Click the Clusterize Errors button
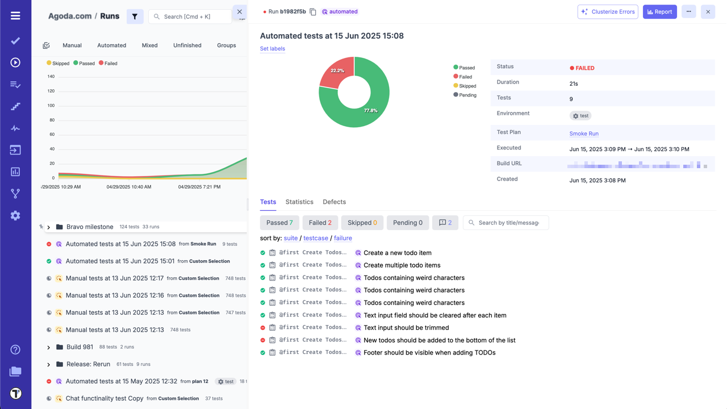point(608,11)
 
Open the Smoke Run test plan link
point(584,133)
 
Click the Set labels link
point(273,49)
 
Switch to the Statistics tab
point(299,202)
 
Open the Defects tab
point(334,202)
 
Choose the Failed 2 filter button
point(320,223)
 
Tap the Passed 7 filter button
point(279,223)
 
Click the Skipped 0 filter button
point(362,223)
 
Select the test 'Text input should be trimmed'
point(406,328)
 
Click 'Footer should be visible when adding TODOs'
point(429,353)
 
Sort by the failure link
point(342,238)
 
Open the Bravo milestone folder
point(90,227)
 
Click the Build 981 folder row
point(80,347)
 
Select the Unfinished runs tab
point(187,45)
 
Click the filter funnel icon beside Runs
point(135,16)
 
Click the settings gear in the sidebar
point(15,215)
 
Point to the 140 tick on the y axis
point(51,77)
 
